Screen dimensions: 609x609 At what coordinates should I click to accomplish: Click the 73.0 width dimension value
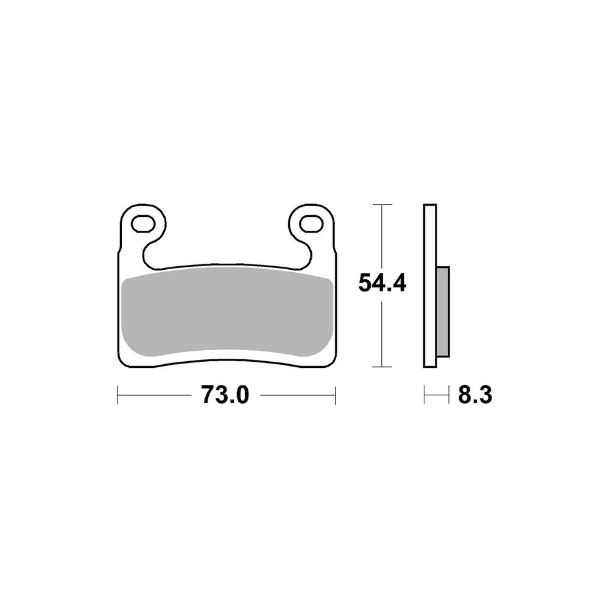(x=225, y=395)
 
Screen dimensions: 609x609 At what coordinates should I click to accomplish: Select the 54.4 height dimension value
(x=382, y=283)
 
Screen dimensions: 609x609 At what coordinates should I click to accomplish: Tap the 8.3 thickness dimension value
(x=475, y=395)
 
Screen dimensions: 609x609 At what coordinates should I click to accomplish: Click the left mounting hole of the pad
(x=143, y=224)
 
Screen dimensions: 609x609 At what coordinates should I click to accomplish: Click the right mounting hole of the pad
(x=311, y=224)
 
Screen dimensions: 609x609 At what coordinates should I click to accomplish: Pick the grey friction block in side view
(x=443, y=311)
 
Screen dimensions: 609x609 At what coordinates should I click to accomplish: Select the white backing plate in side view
(x=430, y=286)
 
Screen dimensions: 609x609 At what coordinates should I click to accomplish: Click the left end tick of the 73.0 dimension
(x=118, y=395)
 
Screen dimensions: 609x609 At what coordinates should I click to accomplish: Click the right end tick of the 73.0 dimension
(x=335, y=395)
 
